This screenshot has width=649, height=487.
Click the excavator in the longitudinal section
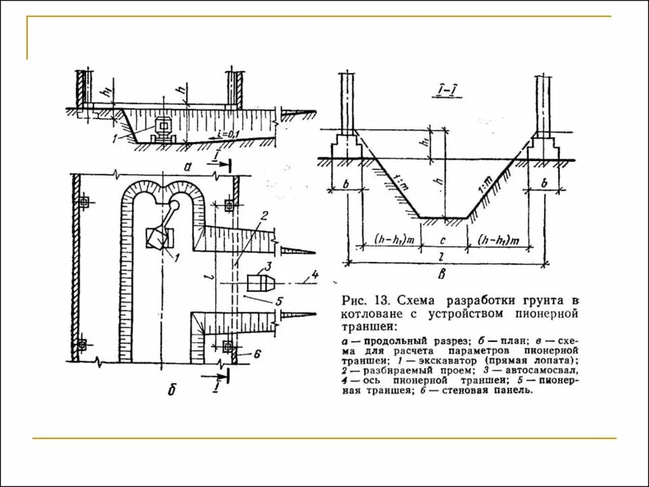point(163,129)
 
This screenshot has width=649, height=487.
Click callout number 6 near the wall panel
point(257,353)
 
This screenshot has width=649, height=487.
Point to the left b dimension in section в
point(347,183)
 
